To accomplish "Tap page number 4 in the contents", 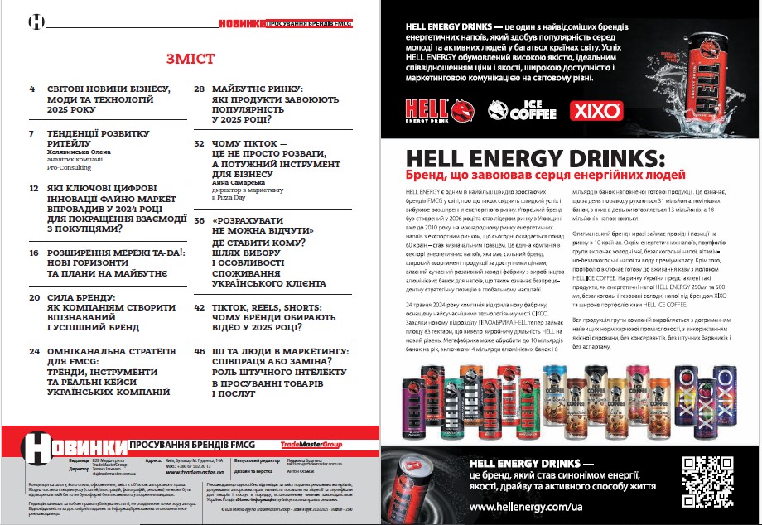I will pyautogui.click(x=32, y=88).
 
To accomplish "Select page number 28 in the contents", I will pyautogui.click(x=200, y=88).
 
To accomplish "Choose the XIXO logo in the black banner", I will pyautogui.click(x=591, y=109).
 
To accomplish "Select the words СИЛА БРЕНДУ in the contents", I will pyautogui.click(x=81, y=296).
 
